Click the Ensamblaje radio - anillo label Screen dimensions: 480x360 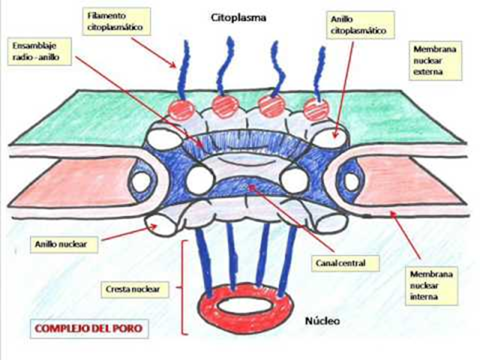(x=36, y=52)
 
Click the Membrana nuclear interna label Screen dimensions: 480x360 (x=436, y=285)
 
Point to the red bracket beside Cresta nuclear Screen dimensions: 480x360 (x=185, y=286)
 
